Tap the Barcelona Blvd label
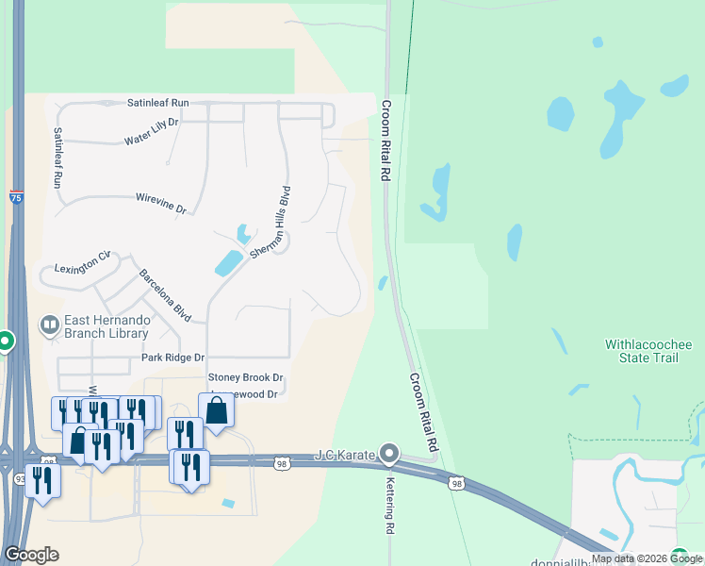pos(165,296)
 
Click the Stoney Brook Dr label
pos(246,377)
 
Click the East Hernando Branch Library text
pos(107,326)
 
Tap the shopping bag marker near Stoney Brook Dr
pos(216,411)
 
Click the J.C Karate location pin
pos(388,454)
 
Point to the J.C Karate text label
pos(346,456)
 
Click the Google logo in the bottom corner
pos(31,555)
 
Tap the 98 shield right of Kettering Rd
pos(457,483)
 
